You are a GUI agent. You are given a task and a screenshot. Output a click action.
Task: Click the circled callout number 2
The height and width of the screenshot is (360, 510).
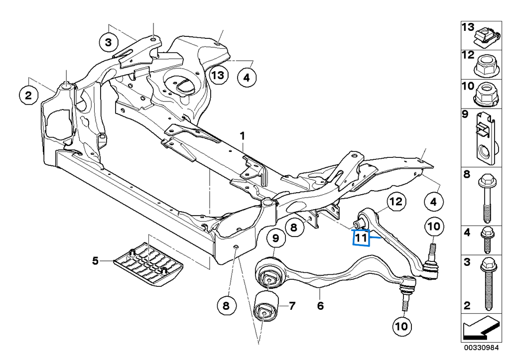point(28,95)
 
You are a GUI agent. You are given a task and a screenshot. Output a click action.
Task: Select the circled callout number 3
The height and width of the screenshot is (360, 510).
point(109,43)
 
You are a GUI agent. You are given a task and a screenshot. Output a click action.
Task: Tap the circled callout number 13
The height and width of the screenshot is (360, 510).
point(218,76)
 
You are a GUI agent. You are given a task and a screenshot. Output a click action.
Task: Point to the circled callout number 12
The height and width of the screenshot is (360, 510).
point(395,202)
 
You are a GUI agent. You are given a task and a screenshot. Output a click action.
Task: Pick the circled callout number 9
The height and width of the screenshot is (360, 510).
point(275,239)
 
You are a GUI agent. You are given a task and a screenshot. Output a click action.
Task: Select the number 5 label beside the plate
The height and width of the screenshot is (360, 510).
point(95,259)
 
